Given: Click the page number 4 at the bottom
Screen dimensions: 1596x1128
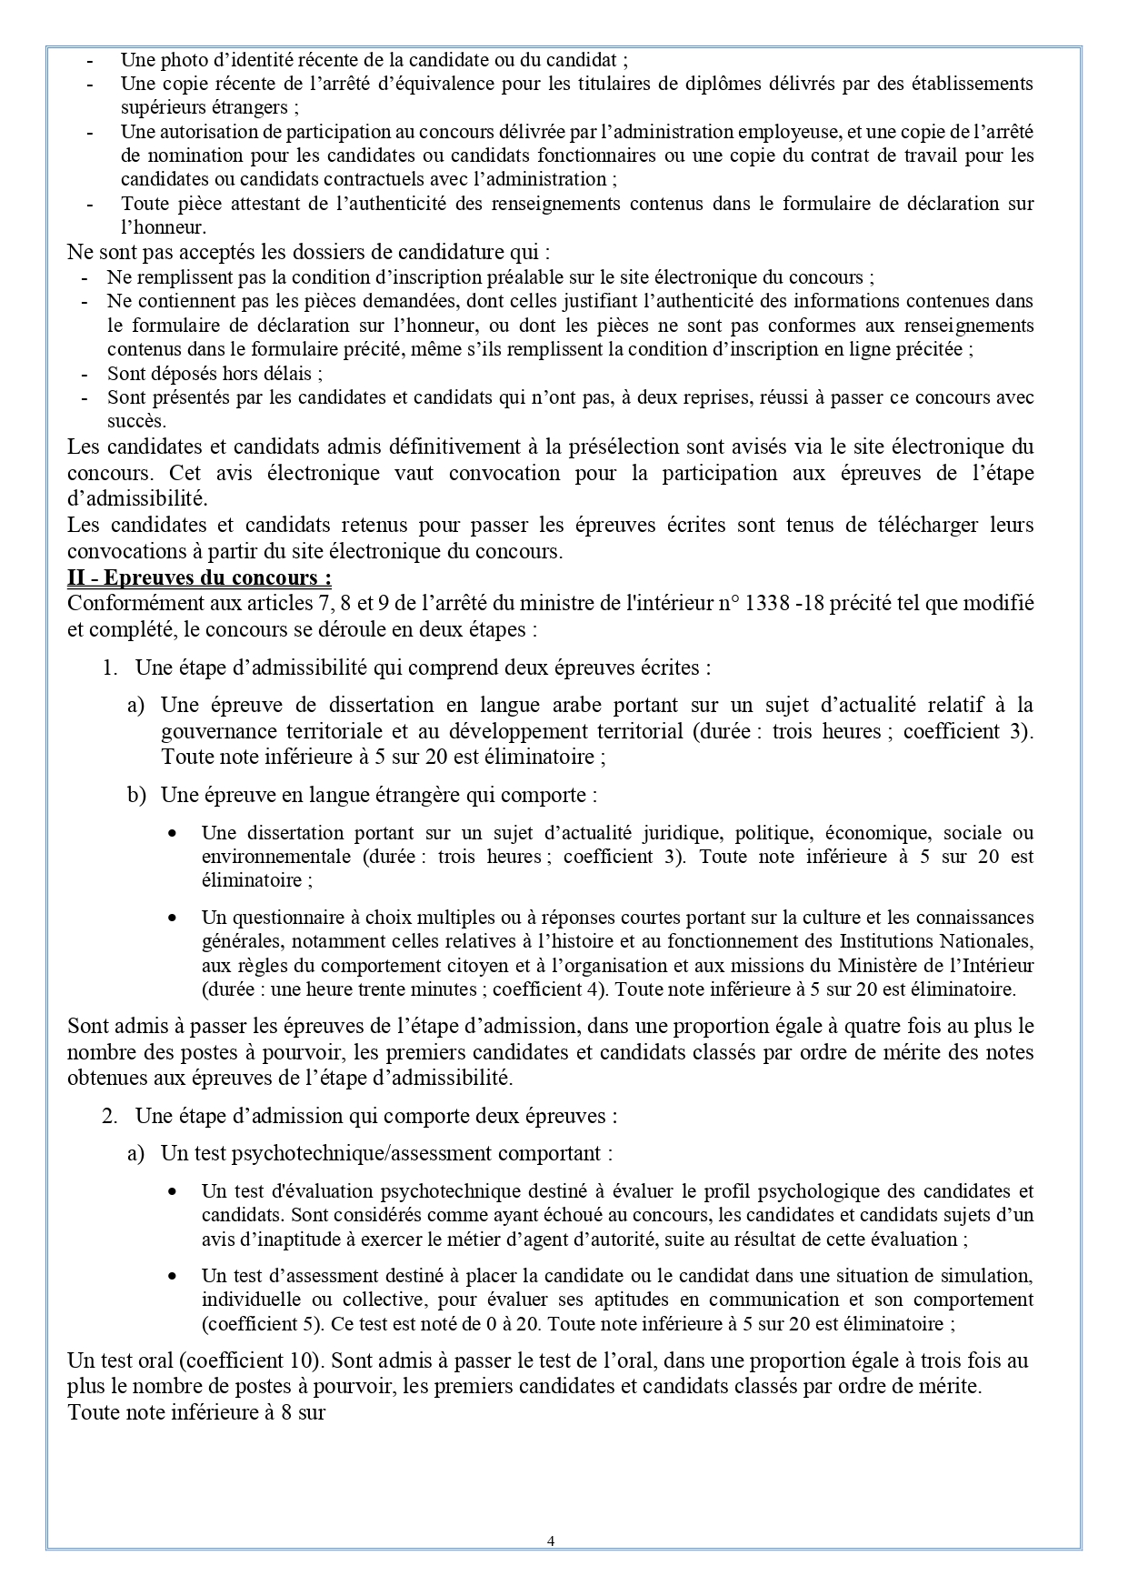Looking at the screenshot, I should (x=552, y=1541).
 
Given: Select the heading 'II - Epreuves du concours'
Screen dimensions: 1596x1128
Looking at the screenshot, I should (x=199, y=577).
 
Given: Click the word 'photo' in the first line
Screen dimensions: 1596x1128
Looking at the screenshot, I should (x=183, y=60).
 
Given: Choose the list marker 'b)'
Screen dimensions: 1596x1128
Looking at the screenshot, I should (x=136, y=795).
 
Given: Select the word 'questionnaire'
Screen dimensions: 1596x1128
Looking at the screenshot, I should (x=283, y=917).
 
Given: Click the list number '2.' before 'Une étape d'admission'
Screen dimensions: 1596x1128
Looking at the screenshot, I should (x=110, y=1116).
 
